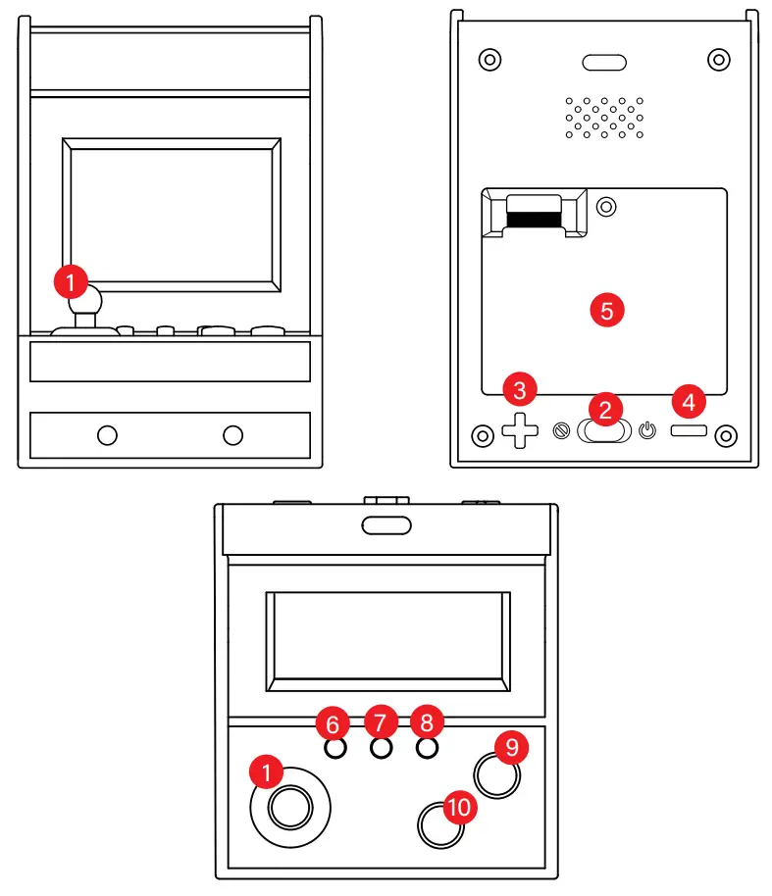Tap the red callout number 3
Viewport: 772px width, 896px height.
tap(520, 390)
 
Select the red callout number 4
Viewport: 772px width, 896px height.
tap(689, 401)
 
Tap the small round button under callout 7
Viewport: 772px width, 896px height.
tap(382, 748)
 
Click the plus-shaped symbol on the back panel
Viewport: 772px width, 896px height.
tap(522, 429)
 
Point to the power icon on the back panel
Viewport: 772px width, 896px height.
tap(646, 429)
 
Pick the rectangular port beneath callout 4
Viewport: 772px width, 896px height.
tap(691, 430)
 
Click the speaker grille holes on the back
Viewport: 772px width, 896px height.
tap(604, 117)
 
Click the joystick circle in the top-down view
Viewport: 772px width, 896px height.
tap(290, 808)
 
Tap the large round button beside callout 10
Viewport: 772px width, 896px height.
tap(439, 825)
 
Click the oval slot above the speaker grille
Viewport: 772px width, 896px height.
tap(604, 63)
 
